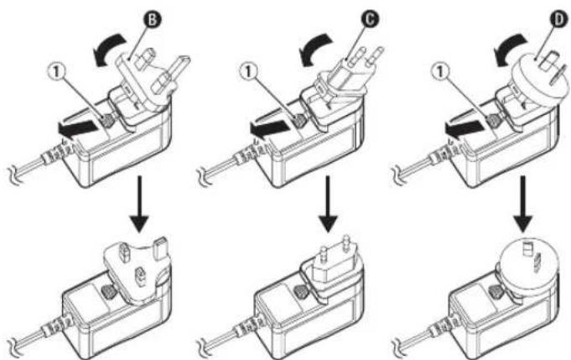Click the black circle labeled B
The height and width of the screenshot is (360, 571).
tap(153, 19)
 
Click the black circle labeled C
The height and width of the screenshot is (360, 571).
tap(369, 19)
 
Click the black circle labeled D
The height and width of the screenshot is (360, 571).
tap(558, 19)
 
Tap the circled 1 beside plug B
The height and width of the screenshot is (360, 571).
tap(56, 72)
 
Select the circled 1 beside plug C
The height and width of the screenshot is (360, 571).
tap(248, 71)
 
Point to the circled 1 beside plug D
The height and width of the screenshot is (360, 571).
tap(440, 71)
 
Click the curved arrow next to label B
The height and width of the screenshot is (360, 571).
tap(107, 49)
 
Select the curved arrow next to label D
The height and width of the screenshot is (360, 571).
tap(510, 50)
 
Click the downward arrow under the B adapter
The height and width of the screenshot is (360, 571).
tap(139, 204)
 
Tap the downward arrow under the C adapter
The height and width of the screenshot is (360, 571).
tap(328, 204)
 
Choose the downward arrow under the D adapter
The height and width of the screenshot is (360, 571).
tap(523, 204)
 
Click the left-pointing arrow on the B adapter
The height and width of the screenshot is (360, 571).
tap(78, 130)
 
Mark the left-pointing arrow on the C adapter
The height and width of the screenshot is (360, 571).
tap(269, 130)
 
